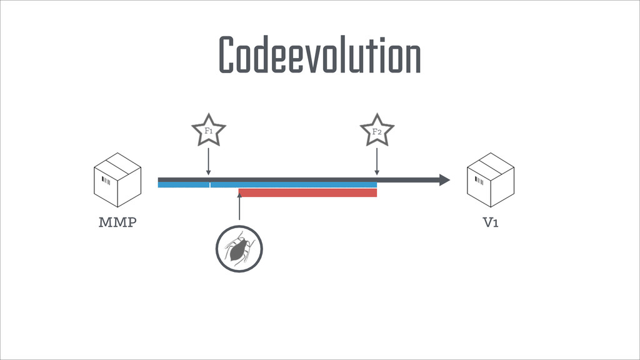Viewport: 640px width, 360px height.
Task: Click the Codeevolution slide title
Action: point(320,55)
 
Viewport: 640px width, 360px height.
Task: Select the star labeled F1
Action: point(208,131)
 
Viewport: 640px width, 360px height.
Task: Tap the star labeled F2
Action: point(377,131)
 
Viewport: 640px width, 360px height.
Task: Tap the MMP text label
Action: point(117,222)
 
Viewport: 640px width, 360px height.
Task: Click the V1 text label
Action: point(491,222)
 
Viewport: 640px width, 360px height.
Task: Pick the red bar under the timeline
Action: point(307,193)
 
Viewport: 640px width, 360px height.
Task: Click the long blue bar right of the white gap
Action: point(294,185)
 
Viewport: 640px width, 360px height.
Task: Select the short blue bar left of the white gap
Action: point(183,185)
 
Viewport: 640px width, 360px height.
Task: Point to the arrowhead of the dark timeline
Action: point(444,180)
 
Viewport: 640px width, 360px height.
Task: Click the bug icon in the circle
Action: point(239,248)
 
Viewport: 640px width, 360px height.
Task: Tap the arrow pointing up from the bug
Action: point(239,206)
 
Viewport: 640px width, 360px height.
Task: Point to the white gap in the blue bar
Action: point(210,185)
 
